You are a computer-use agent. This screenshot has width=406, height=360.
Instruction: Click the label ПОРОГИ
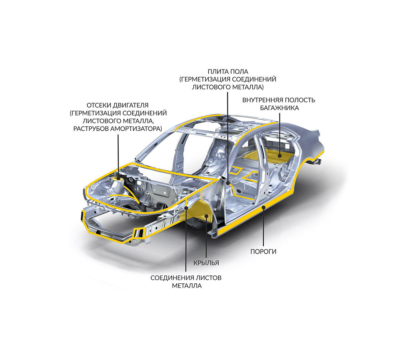coord(263,251)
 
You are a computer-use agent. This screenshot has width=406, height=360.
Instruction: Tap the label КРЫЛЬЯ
coord(206,263)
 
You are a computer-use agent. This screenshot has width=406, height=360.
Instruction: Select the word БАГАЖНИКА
coord(279,108)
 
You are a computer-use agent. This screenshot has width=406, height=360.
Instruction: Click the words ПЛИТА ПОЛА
coord(228,72)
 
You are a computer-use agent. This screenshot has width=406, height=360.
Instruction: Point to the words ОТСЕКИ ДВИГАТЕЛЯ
coord(118,106)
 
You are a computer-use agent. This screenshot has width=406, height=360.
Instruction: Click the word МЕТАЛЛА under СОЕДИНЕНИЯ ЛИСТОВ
coord(187,286)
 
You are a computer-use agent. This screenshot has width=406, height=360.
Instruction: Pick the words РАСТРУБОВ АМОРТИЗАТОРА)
coord(118,129)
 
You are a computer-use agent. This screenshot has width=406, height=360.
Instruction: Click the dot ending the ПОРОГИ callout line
coord(263,207)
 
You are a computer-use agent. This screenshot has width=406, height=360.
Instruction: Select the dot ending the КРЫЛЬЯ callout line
coord(206,216)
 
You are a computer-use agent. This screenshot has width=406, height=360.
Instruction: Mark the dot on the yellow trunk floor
coord(279,156)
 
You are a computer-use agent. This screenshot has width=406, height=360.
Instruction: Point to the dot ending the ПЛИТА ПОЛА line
coord(228,183)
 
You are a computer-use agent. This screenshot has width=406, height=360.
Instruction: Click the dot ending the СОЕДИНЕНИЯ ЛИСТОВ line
coord(186,208)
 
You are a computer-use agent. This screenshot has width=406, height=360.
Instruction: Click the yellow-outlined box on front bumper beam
coord(138,232)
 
